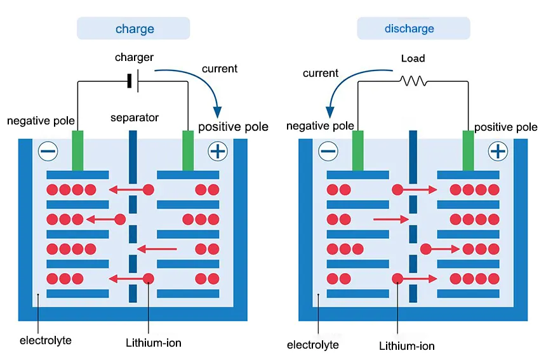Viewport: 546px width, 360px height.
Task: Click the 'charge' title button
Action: point(134,29)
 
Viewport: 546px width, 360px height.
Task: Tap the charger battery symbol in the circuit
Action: point(133,81)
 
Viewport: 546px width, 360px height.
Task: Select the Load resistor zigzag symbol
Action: point(413,81)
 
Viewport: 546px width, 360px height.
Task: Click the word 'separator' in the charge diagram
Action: point(134,117)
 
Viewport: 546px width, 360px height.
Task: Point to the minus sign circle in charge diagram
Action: point(48,151)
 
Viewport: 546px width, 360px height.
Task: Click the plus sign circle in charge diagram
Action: point(218,151)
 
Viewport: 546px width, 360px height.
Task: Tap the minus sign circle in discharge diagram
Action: point(328,151)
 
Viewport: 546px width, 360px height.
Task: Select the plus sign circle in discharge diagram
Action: point(498,151)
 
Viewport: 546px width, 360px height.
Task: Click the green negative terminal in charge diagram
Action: point(77,150)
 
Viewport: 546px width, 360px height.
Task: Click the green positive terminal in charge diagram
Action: point(188,150)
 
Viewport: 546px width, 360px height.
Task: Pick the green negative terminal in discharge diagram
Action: point(357,150)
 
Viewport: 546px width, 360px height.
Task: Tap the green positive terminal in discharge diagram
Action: point(468,150)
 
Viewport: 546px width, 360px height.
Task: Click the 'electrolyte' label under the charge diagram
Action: point(46,340)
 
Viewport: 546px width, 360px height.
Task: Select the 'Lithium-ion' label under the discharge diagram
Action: point(407,346)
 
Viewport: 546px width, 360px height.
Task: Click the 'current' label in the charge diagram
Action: point(220,69)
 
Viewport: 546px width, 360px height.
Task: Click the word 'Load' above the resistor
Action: point(413,58)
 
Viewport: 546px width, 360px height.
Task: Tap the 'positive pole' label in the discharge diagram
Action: point(505,127)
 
